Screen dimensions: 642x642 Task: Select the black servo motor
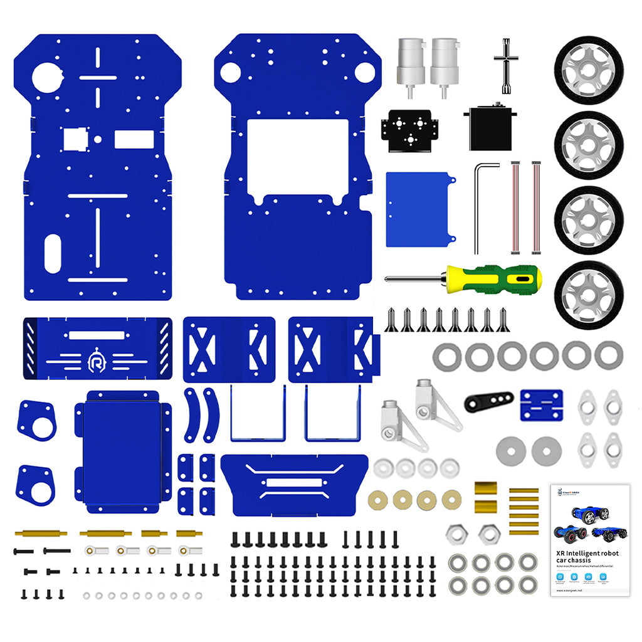(x=490, y=129)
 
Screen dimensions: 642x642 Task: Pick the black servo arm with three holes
(x=488, y=400)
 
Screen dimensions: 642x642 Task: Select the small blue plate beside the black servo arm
(x=541, y=405)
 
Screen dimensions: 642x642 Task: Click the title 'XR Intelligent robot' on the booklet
(x=587, y=553)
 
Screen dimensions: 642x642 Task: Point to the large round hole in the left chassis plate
(x=48, y=78)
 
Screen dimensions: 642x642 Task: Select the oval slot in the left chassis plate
(x=53, y=254)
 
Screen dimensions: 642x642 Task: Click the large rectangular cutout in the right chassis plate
(x=297, y=155)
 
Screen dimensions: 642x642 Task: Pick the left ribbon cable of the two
(x=516, y=208)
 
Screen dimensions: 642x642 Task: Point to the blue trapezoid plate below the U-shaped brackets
(x=294, y=483)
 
